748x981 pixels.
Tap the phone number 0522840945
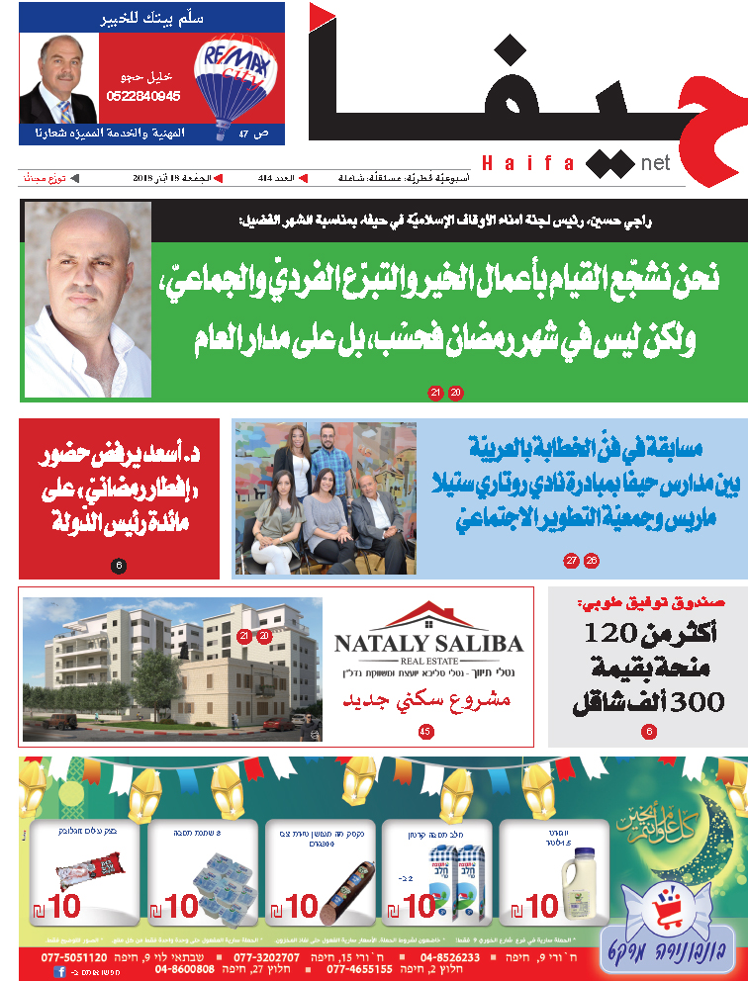pyautogui.click(x=144, y=96)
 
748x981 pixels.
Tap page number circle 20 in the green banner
pyautogui.click(x=456, y=393)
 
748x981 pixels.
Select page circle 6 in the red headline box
pyautogui.click(x=118, y=566)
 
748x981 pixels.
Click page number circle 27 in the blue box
pyautogui.click(x=572, y=561)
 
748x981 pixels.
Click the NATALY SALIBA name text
pyautogui.click(x=428, y=644)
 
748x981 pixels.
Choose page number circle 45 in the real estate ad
pyautogui.click(x=425, y=732)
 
